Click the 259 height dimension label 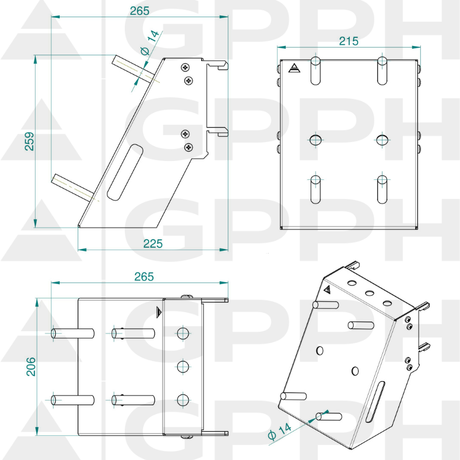coord(29,141)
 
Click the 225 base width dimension coord(152,243)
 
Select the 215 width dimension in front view coord(348,41)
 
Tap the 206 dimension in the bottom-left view coord(30,366)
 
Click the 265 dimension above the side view coord(139,10)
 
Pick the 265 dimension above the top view coord(144,277)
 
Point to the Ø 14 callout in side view coord(149,43)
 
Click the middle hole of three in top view coord(183,366)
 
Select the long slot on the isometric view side coord(377,402)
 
